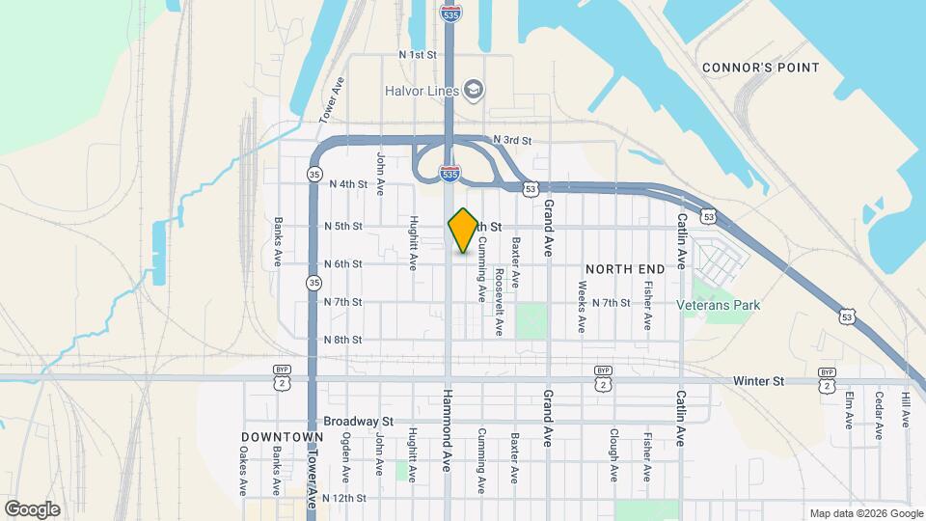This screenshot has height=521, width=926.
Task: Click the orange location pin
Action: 463,230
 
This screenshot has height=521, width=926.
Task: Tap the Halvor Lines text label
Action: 418,91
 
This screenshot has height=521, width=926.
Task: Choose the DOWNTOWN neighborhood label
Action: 282,437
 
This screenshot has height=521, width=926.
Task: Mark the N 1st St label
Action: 418,55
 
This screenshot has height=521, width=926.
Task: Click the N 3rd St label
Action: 511,141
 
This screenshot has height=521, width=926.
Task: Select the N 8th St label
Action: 341,340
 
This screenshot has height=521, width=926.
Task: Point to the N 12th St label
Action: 344,498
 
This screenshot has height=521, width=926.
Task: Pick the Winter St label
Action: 757,381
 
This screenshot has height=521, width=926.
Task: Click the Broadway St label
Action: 359,422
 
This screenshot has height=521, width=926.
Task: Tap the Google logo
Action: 32,508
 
